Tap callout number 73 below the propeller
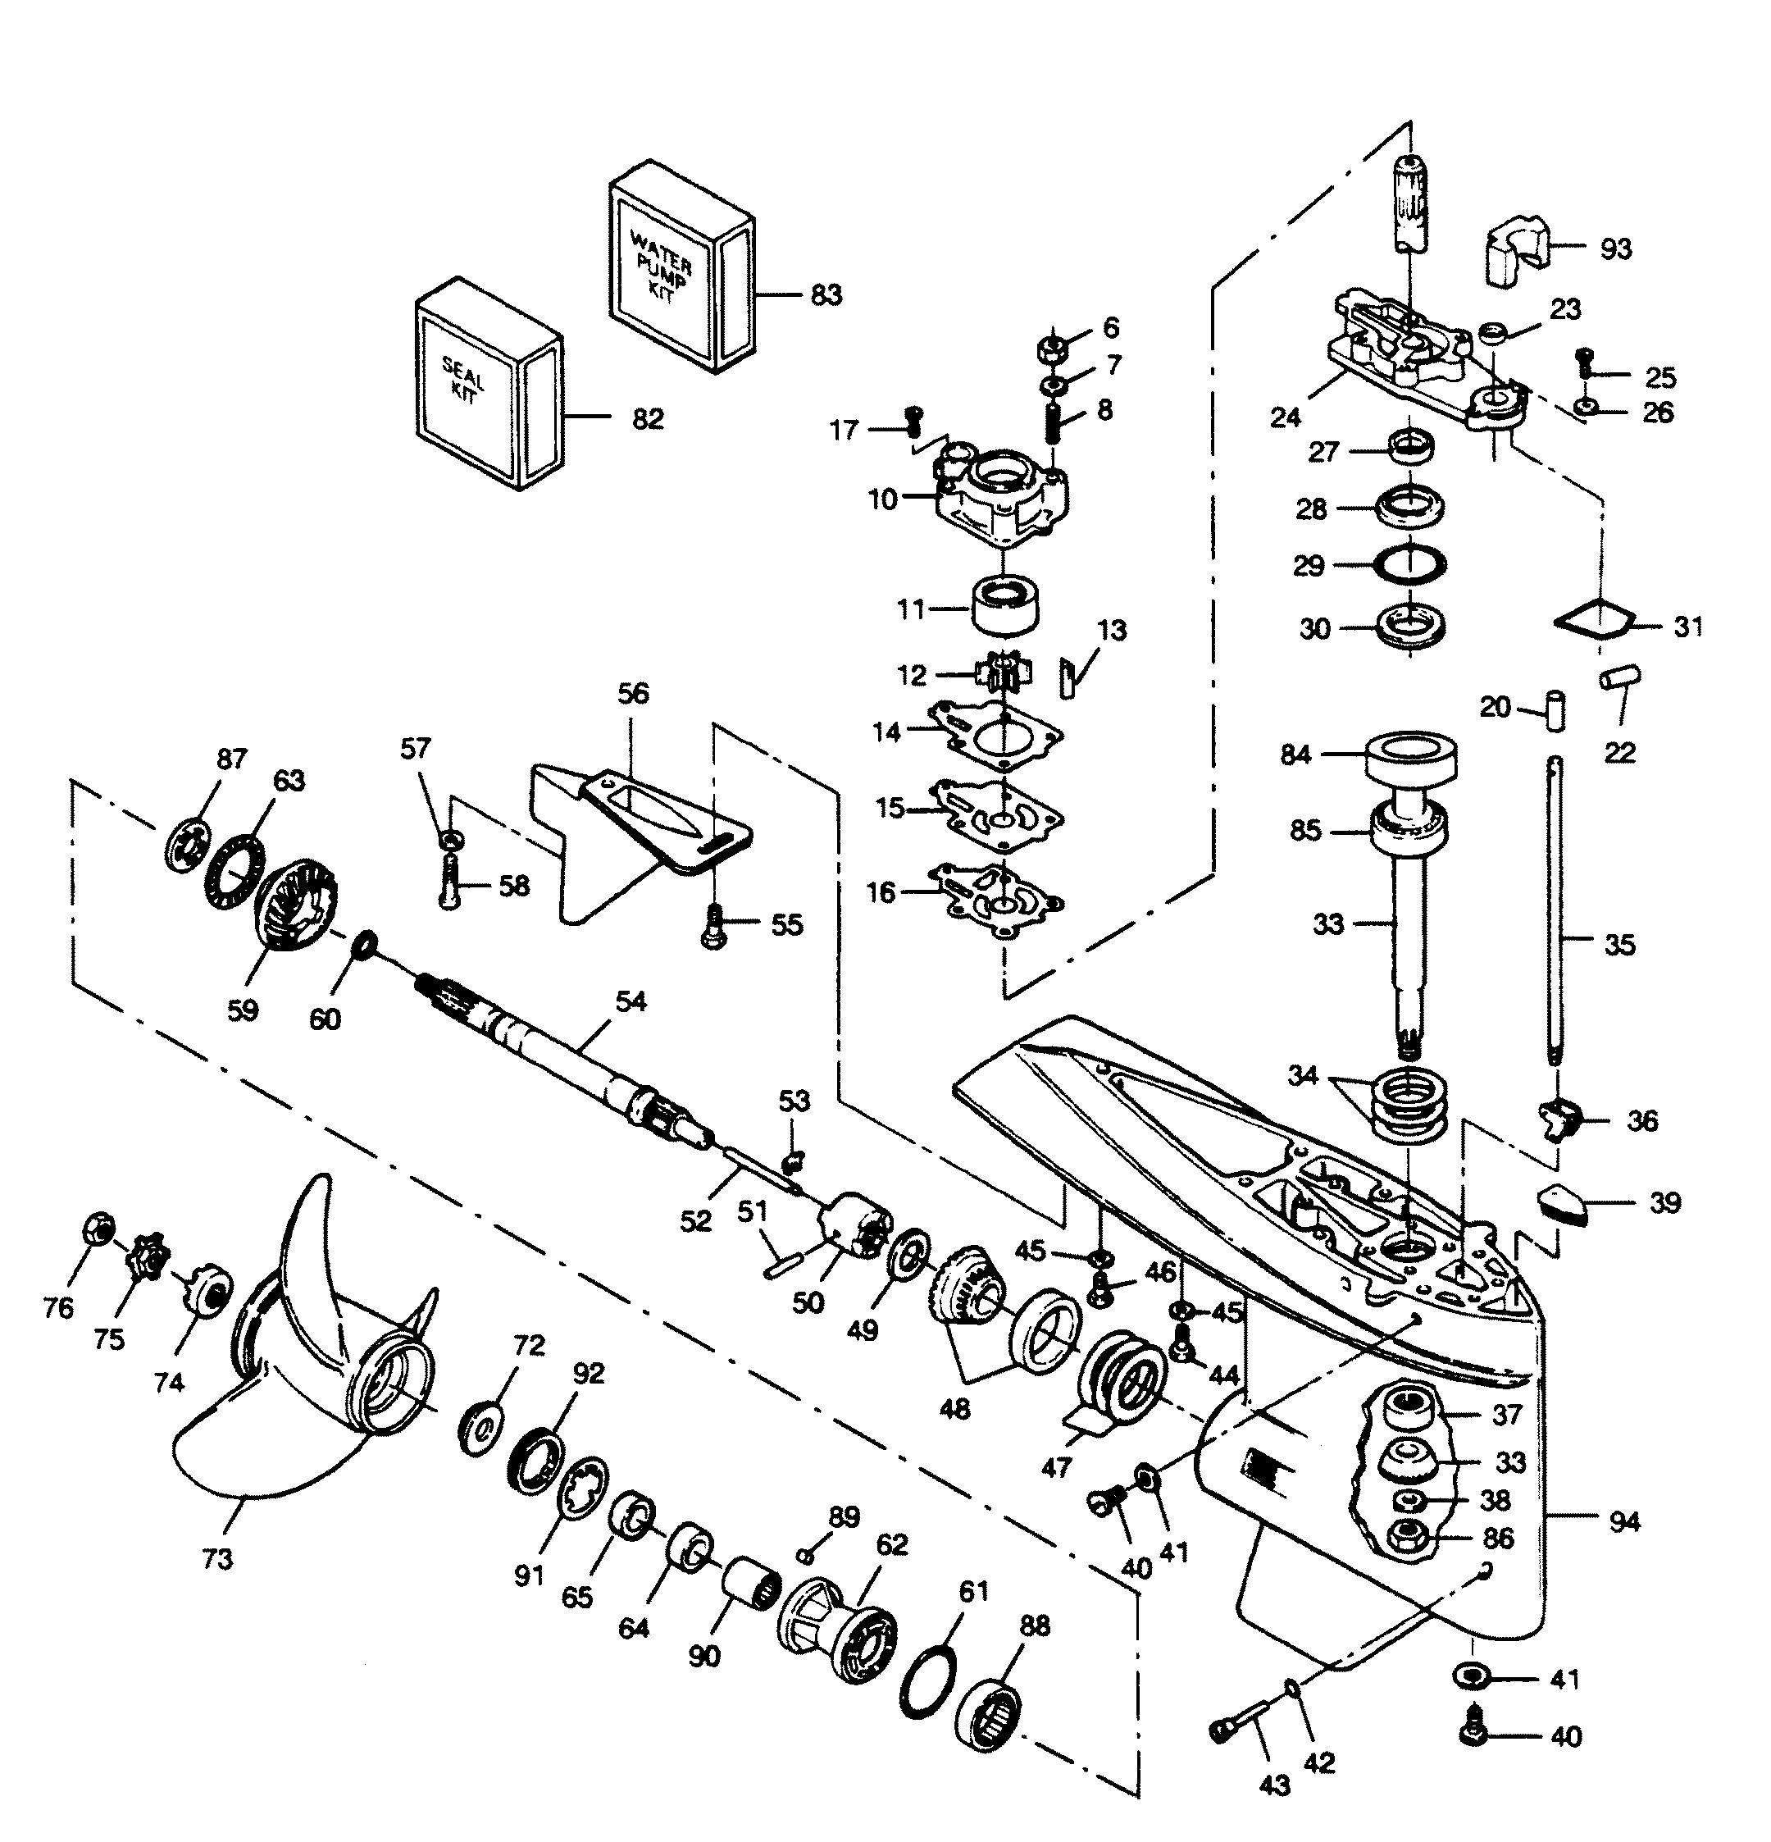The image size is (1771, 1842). [x=217, y=1559]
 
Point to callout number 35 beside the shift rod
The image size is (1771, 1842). [x=1618, y=944]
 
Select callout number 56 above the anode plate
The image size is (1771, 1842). [x=632, y=694]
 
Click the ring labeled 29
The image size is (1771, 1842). [x=1410, y=565]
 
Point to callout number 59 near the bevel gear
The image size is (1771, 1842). [x=243, y=1010]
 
